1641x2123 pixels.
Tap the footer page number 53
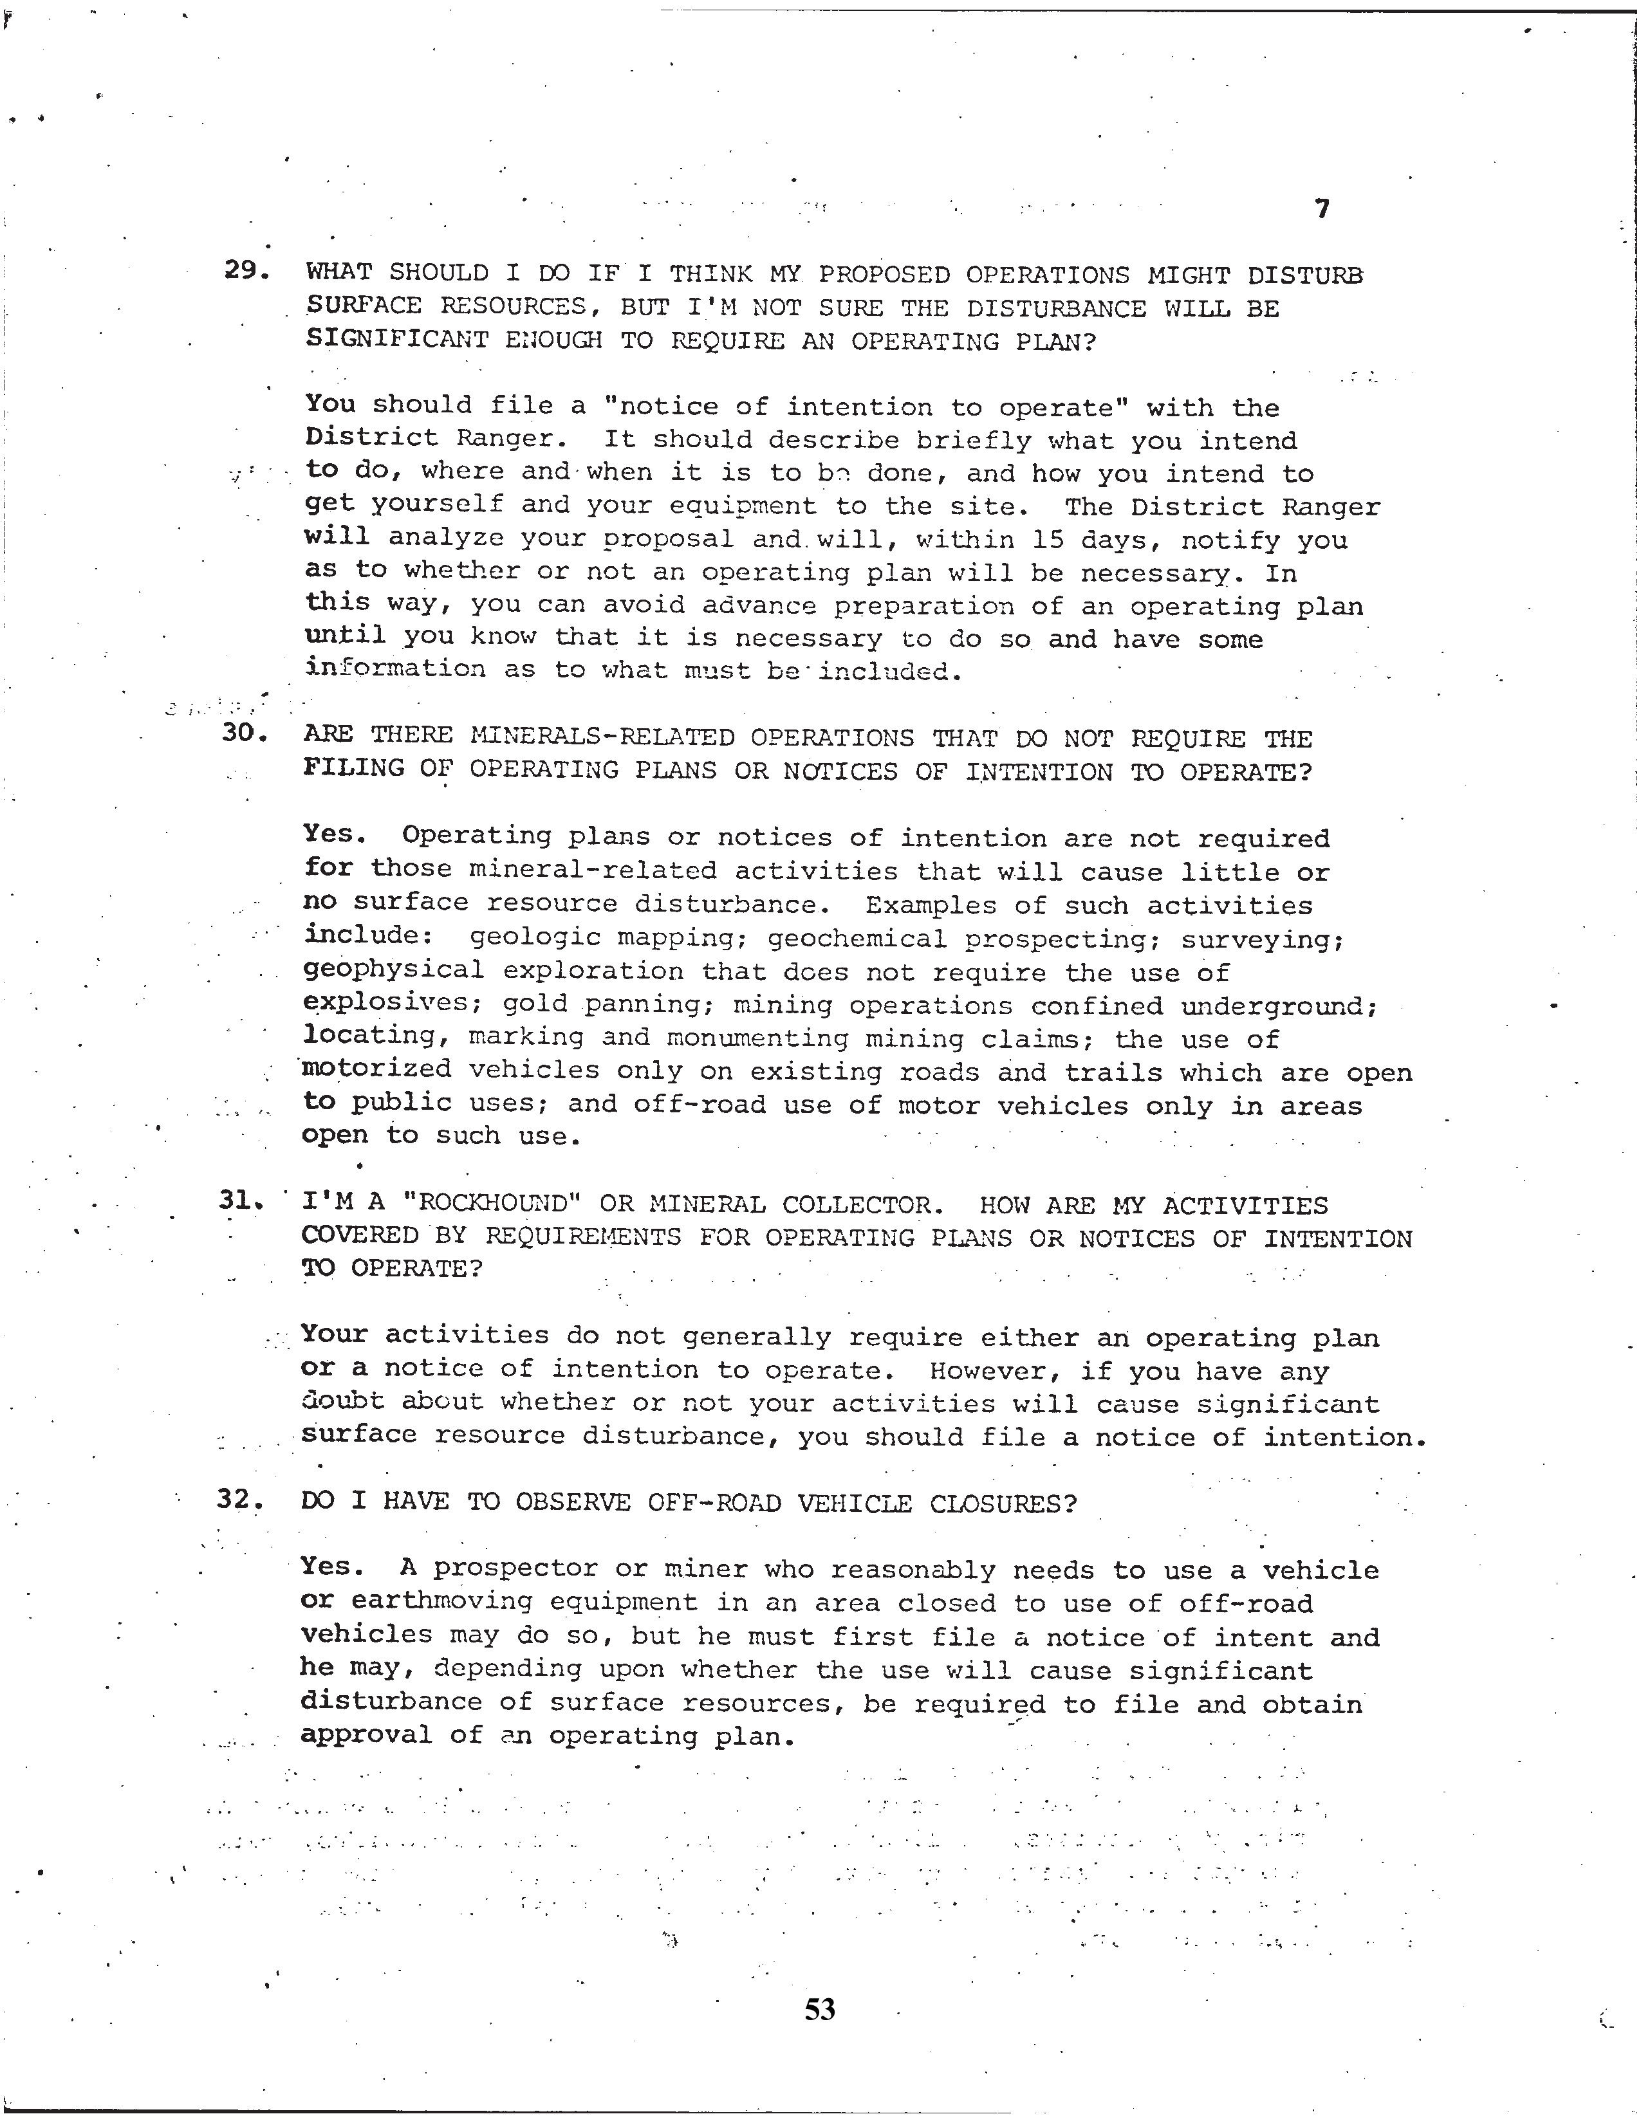pyautogui.click(x=819, y=2009)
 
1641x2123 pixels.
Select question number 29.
pyautogui.click(x=246, y=271)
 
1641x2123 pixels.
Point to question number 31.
pyautogui.click(x=241, y=1202)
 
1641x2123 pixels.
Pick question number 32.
pyautogui.click(x=239, y=1499)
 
